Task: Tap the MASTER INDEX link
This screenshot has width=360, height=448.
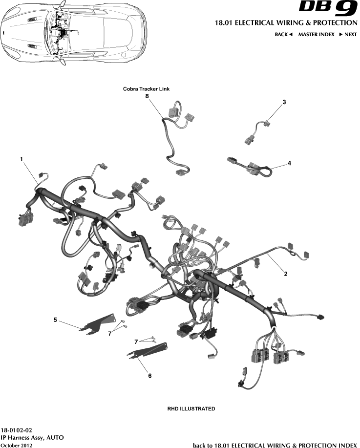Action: pyautogui.click(x=316, y=35)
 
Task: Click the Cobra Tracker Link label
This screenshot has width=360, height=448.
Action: pyautogui.click(x=146, y=89)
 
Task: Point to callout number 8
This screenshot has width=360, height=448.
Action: pyautogui.click(x=147, y=97)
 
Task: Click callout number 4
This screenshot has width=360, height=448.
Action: pyautogui.click(x=289, y=163)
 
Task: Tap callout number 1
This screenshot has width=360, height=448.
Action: pyautogui.click(x=21, y=159)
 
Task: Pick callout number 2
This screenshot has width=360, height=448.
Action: pyautogui.click(x=285, y=274)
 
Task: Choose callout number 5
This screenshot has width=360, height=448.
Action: pyautogui.click(x=55, y=320)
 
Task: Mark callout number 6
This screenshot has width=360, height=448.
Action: pyautogui.click(x=149, y=376)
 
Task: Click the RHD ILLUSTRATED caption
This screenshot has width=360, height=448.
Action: pyautogui.click(x=188, y=408)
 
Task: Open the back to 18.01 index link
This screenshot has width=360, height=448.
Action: pyautogui.click(x=275, y=445)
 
